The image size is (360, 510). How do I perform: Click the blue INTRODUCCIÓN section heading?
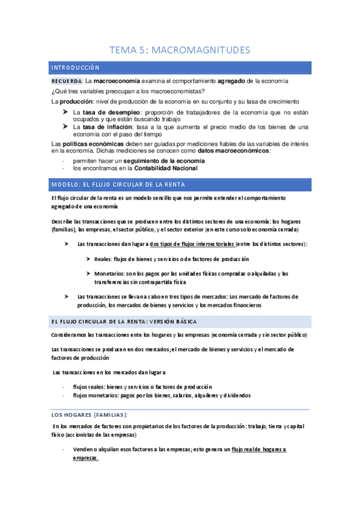pos(75,68)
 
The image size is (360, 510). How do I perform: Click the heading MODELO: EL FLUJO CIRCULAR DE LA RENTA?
pos(118,184)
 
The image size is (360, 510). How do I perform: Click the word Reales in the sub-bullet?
pos(103,259)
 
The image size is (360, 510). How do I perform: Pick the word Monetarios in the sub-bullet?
pos(109,274)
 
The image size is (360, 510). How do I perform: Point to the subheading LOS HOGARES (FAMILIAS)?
pos(90,416)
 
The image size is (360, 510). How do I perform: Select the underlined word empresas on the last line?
pos(85,458)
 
